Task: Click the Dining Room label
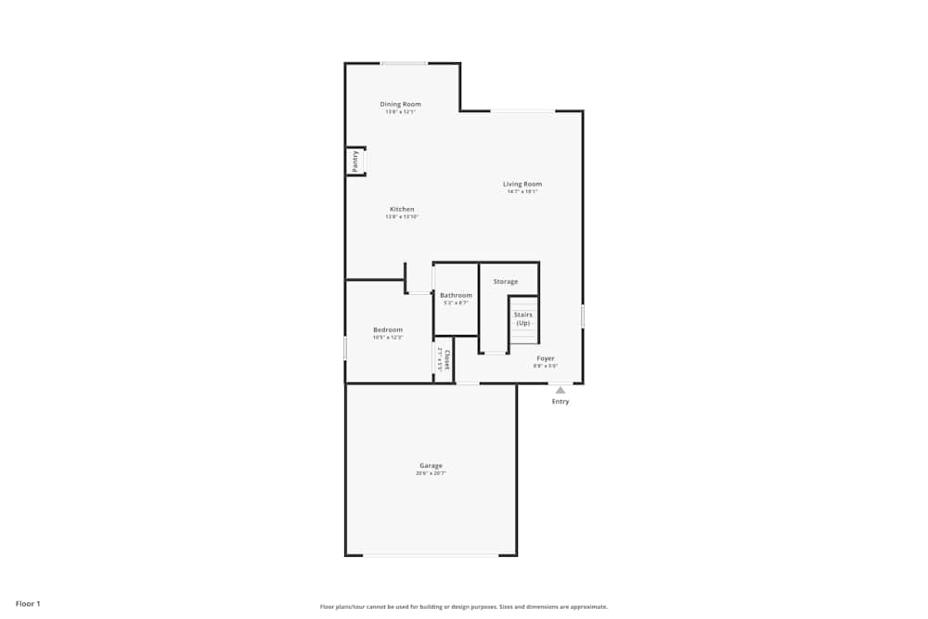click(x=400, y=104)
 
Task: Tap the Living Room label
click(x=522, y=184)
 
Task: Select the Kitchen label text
click(x=402, y=209)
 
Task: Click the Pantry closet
click(x=355, y=161)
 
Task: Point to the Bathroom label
click(x=456, y=295)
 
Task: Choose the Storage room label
click(x=506, y=281)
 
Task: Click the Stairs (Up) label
click(x=523, y=318)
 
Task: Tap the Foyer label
click(x=546, y=358)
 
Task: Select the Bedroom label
click(x=388, y=329)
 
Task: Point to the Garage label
click(x=431, y=465)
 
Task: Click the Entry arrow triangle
click(x=561, y=391)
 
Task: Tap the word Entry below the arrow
click(x=561, y=402)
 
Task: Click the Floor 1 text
click(x=28, y=603)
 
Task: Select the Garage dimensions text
click(x=431, y=473)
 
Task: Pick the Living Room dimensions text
click(x=522, y=192)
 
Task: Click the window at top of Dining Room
click(x=404, y=63)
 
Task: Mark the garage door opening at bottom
click(x=431, y=555)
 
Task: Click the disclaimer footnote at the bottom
click(x=464, y=606)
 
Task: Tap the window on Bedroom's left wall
click(x=345, y=348)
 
